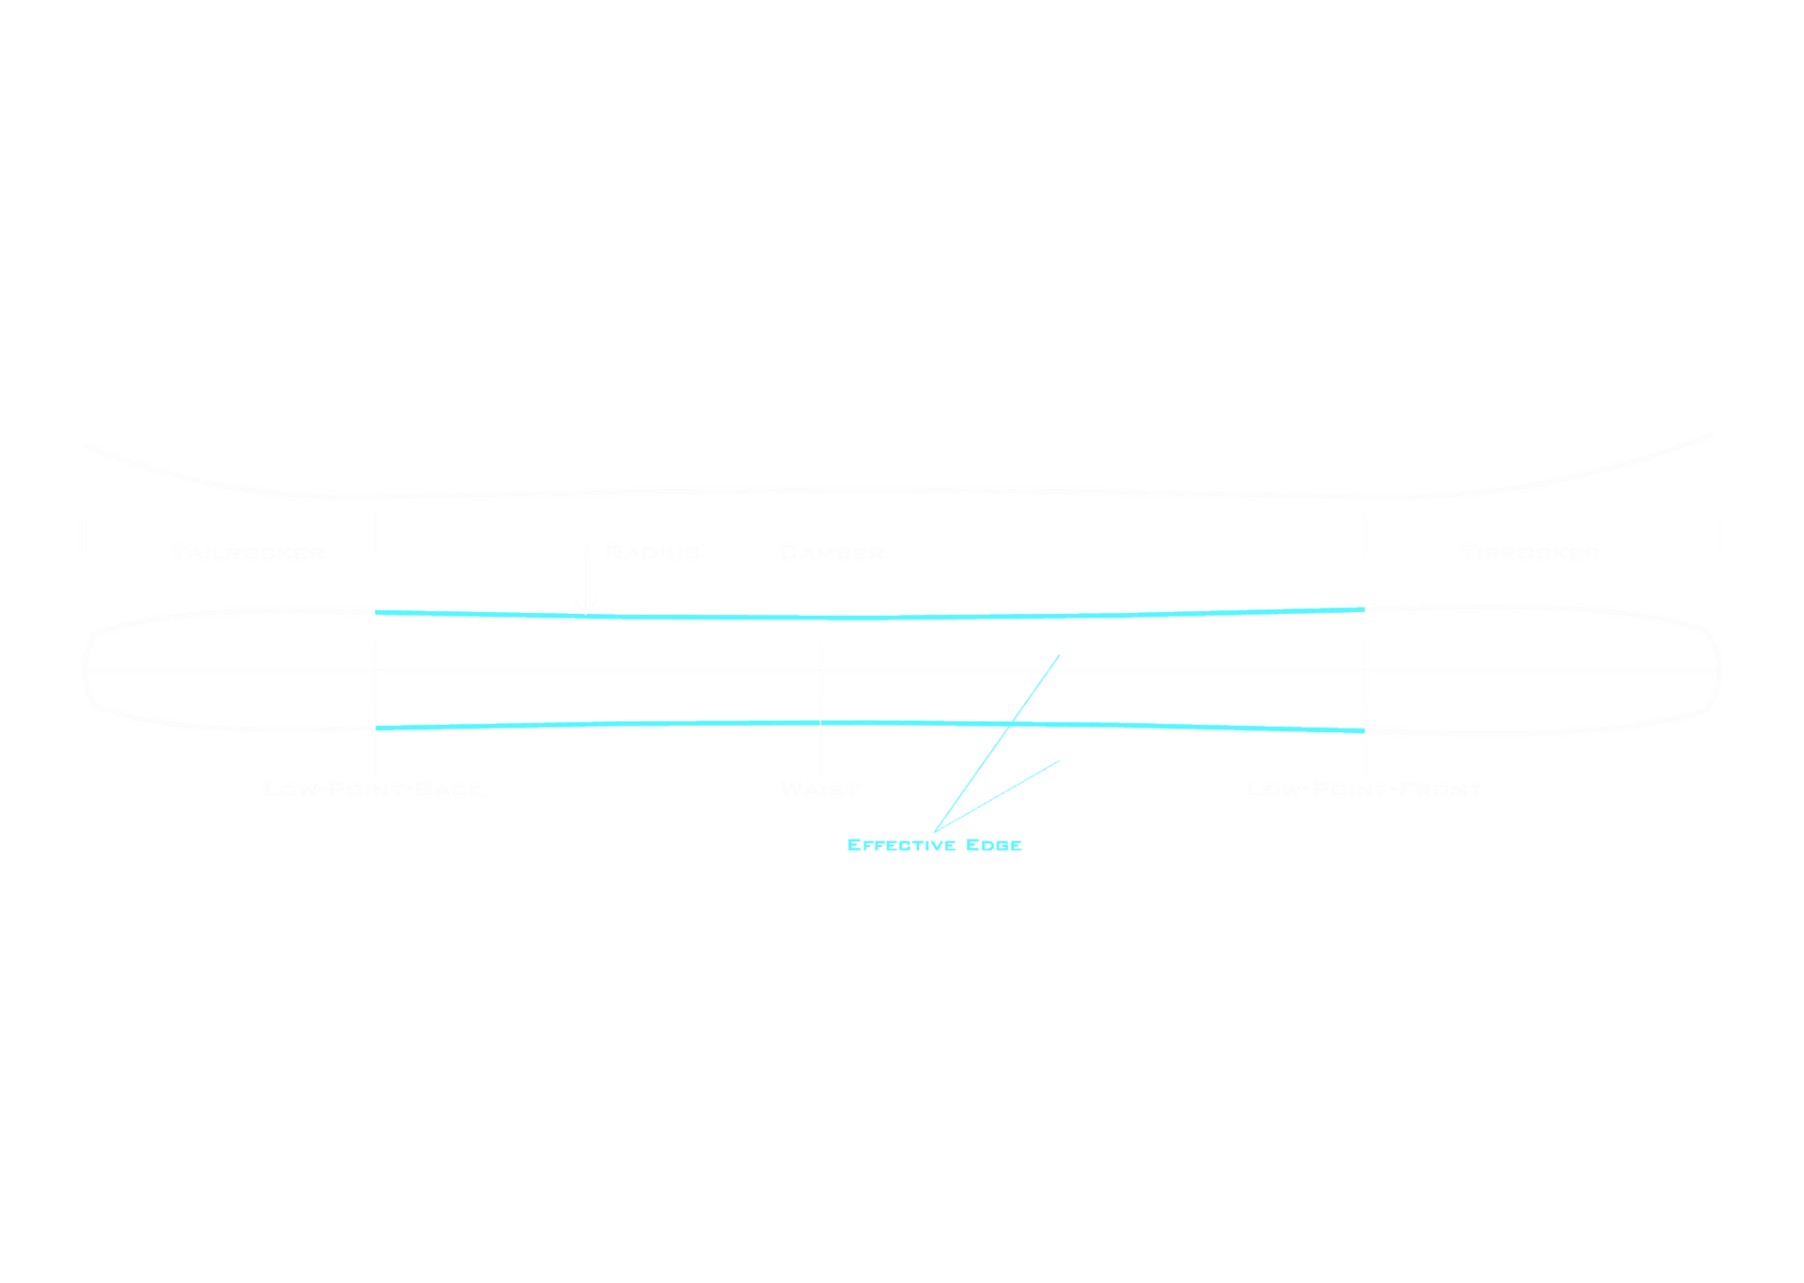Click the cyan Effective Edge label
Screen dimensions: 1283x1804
934,844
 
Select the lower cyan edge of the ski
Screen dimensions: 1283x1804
658,724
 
